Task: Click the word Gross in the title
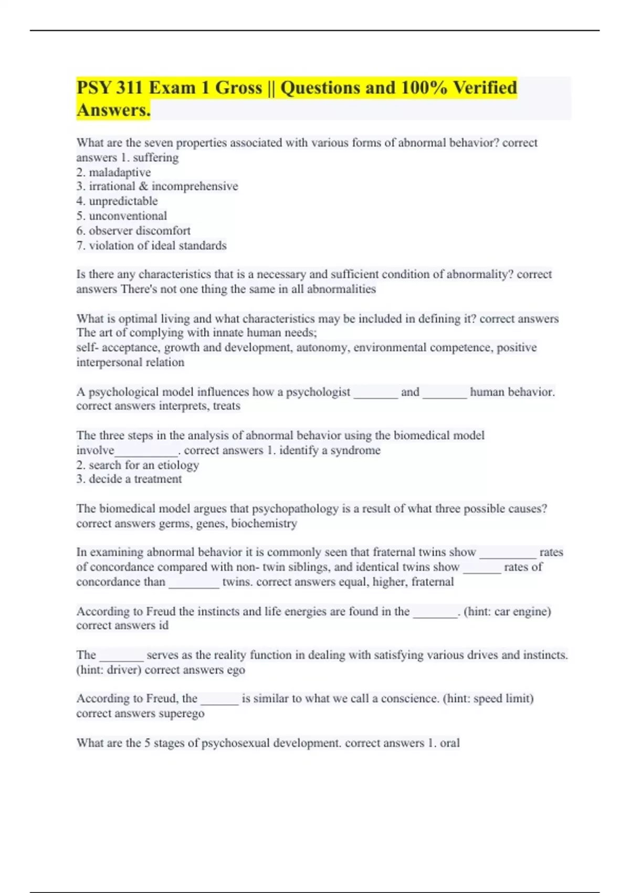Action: point(238,88)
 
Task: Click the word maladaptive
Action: point(120,172)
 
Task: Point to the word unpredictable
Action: point(123,201)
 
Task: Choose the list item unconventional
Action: point(128,216)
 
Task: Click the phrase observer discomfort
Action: point(140,231)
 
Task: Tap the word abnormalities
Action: point(341,289)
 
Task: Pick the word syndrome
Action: point(355,450)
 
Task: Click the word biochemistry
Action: point(264,523)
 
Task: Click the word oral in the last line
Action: point(450,743)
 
